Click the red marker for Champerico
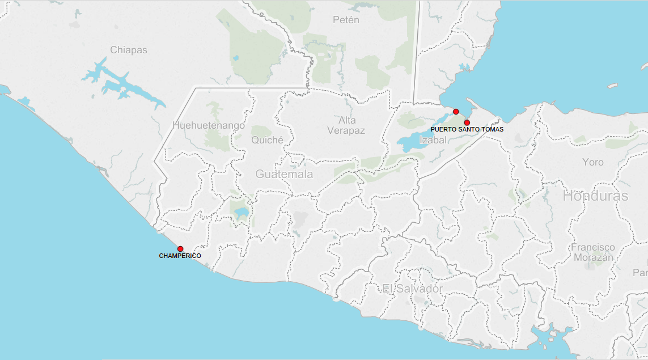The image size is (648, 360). [180, 249]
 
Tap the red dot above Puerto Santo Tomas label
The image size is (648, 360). [467, 122]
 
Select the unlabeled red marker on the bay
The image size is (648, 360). [456, 112]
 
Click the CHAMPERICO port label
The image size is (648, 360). [180, 256]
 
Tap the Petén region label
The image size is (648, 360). [346, 20]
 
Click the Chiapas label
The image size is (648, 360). [129, 50]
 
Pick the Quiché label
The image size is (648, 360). [267, 139]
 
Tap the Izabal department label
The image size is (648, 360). [433, 139]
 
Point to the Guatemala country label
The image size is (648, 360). [284, 174]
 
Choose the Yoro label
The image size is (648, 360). [593, 163]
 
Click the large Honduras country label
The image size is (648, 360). [595, 196]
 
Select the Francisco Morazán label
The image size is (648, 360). [593, 252]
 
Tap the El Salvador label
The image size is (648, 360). [412, 289]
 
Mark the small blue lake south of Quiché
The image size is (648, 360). [241, 213]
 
